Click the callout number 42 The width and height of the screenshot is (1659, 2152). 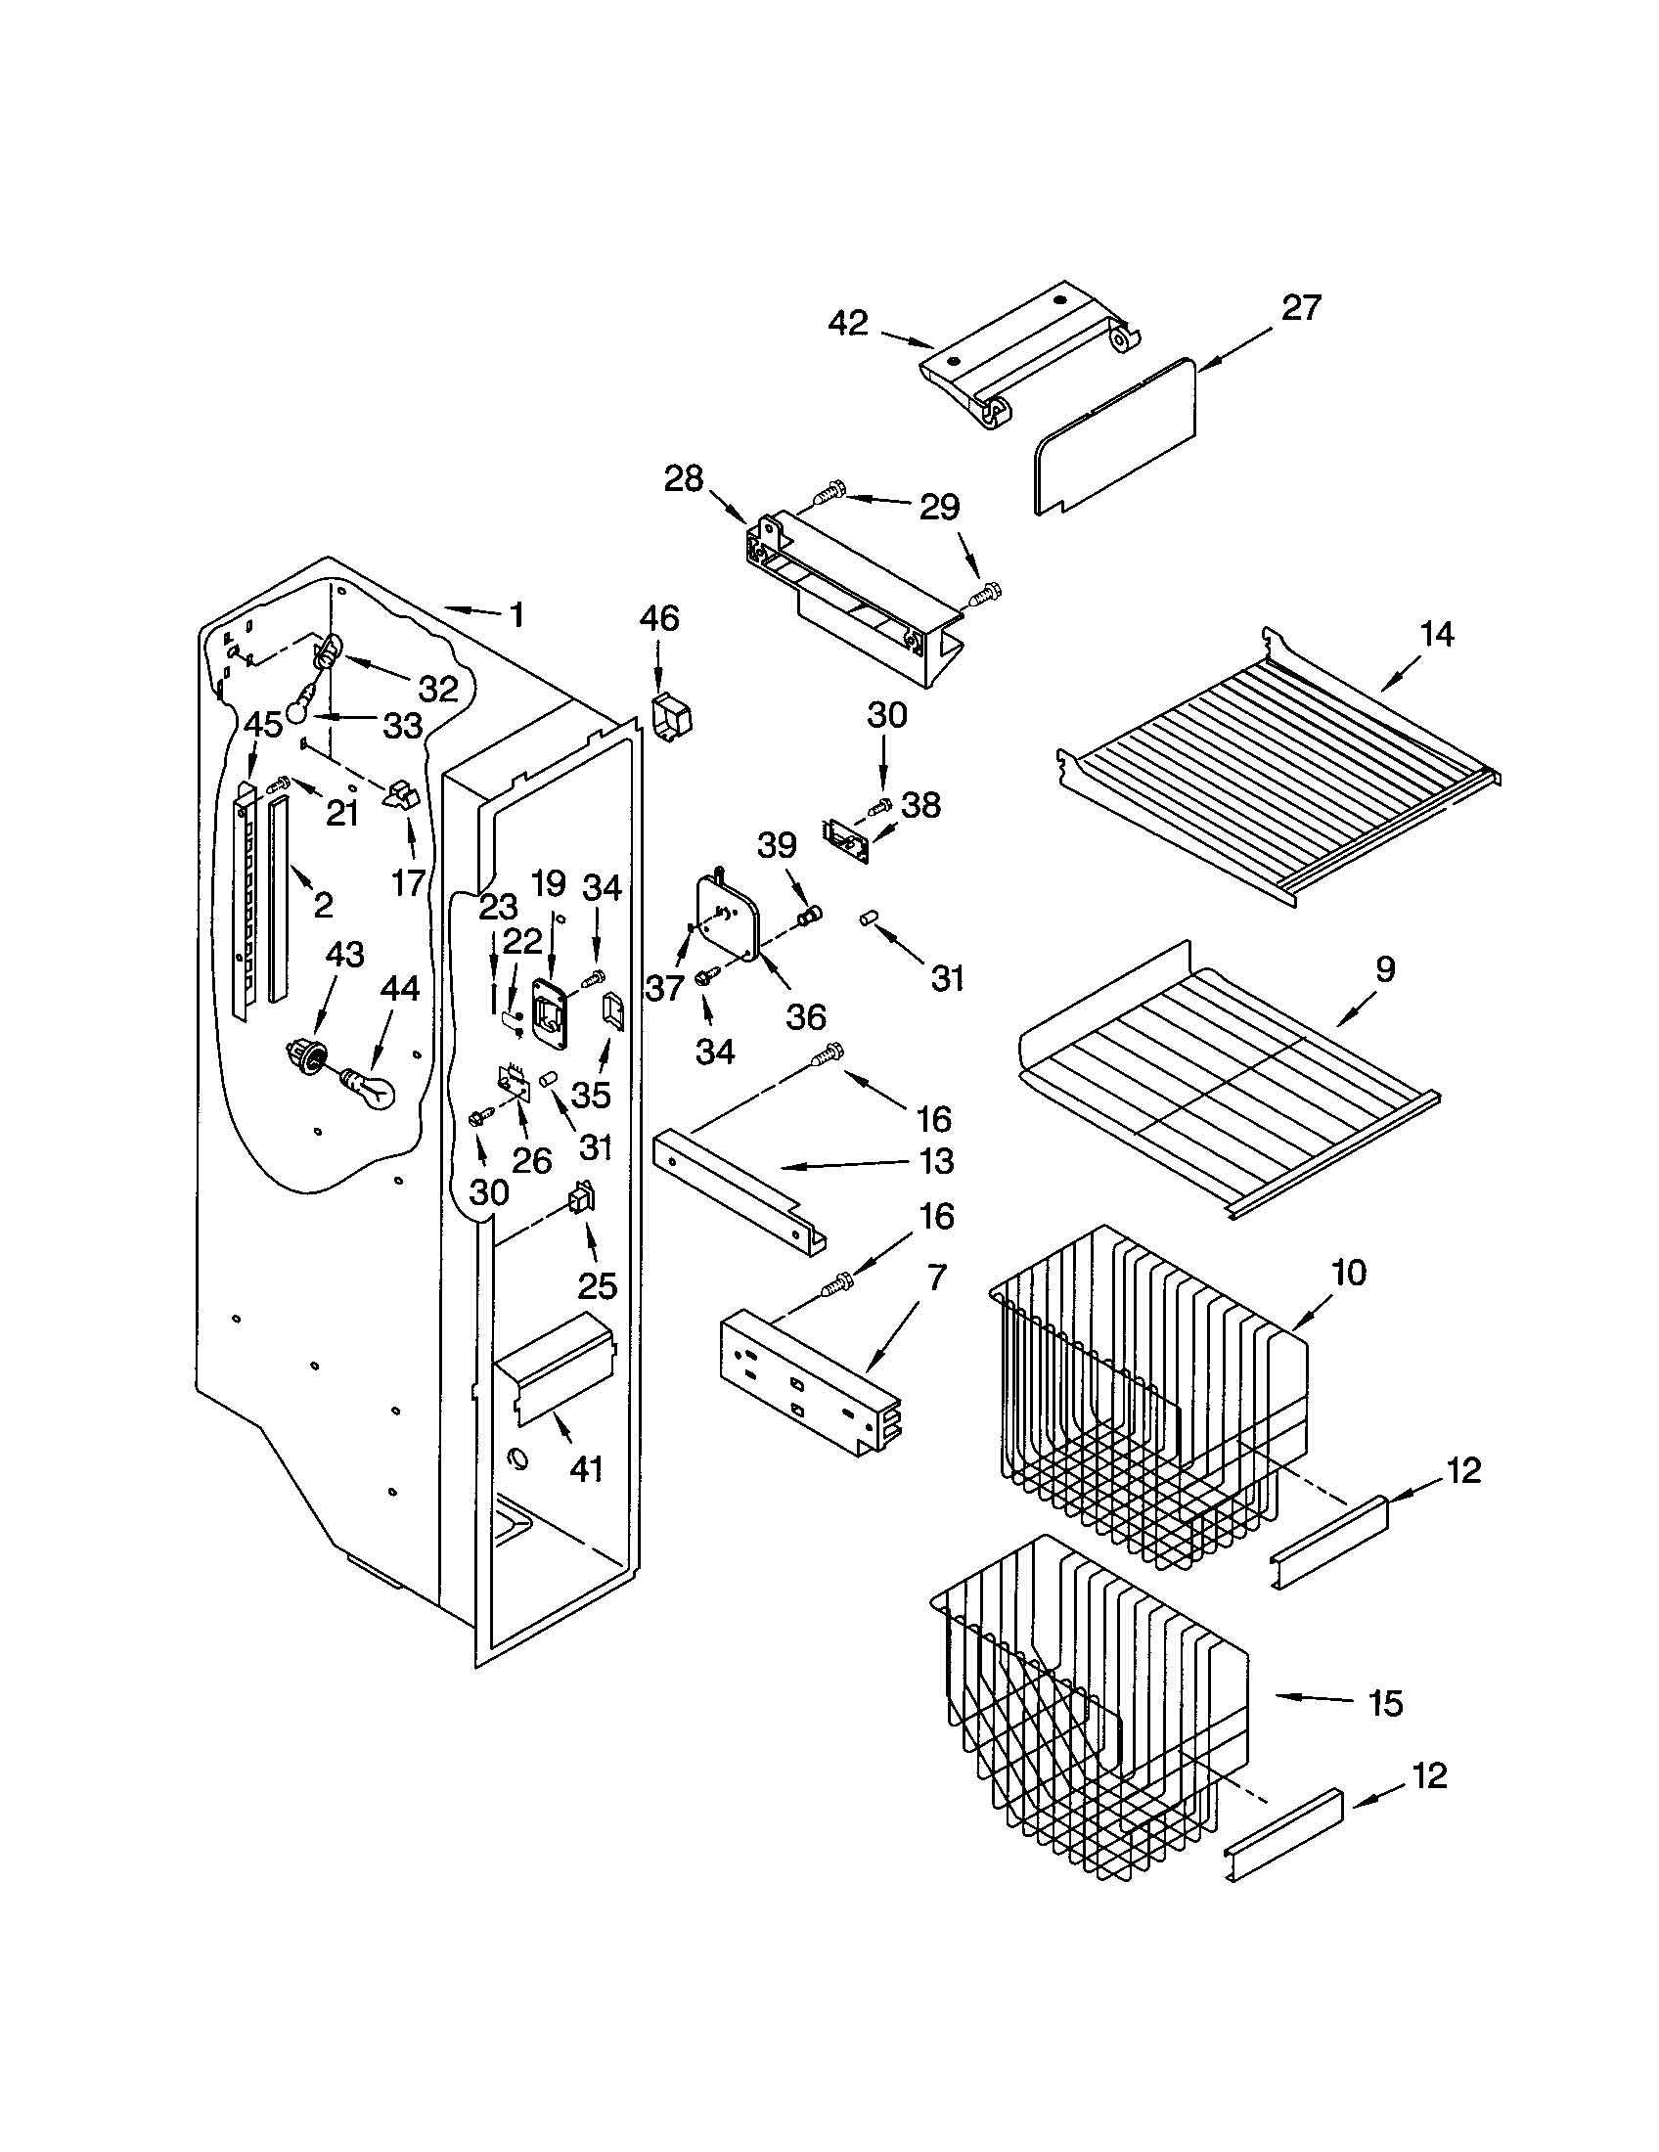(848, 322)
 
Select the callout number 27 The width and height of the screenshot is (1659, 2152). (1300, 307)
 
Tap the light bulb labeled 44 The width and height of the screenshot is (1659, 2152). (369, 1090)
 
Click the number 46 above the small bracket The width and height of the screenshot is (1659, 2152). (659, 618)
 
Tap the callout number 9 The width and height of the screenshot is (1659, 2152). (1385, 969)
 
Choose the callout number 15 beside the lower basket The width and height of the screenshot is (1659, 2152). (1385, 1703)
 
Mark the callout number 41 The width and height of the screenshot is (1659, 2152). (586, 1470)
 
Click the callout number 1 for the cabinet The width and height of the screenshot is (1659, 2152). (516, 615)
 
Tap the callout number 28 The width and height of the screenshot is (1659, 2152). (684, 479)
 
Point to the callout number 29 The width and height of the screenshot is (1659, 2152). (939, 507)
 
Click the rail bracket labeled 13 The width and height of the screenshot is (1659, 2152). (739, 1192)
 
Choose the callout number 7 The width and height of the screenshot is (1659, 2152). (936, 1278)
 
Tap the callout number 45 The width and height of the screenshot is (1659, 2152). (263, 724)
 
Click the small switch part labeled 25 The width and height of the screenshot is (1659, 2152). (581, 1199)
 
